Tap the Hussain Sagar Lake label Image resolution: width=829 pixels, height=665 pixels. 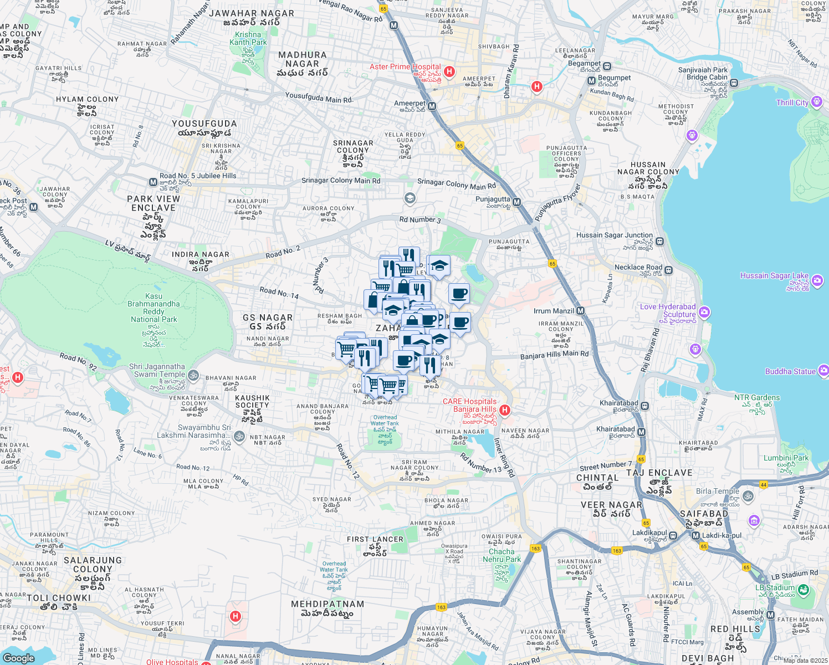tap(775, 275)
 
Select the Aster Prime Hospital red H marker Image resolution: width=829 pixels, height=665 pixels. tap(449, 71)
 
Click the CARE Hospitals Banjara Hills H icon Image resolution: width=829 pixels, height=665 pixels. tap(505, 410)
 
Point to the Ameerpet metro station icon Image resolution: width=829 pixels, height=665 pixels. tap(432, 106)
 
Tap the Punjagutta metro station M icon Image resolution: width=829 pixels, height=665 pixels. tap(516, 202)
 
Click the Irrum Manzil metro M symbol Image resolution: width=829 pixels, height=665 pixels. tap(580, 311)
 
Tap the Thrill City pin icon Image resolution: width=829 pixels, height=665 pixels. tap(816, 102)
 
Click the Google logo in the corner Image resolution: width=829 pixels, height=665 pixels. tap(18, 658)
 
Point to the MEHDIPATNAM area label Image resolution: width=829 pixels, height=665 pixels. tap(327, 604)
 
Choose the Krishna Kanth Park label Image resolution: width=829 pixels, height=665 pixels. tap(248, 38)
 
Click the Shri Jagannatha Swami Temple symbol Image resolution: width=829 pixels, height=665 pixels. tap(193, 375)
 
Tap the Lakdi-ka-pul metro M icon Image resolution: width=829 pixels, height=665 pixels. tap(695, 535)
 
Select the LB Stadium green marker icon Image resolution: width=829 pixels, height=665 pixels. tap(804, 590)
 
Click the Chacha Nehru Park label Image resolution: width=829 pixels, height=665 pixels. tap(502, 555)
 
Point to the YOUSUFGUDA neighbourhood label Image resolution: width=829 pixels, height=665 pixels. tap(204, 124)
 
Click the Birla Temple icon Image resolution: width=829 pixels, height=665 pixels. tap(748, 496)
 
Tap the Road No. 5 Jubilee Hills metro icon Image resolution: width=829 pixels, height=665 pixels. tap(153, 182)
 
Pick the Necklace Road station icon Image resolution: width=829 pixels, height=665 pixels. tap(669, 270)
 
